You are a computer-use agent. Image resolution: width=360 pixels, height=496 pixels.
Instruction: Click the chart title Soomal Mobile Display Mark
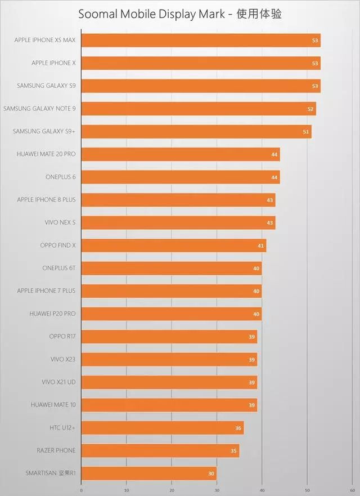coord(180,14)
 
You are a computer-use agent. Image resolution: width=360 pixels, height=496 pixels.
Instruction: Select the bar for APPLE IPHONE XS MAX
coord(201,40)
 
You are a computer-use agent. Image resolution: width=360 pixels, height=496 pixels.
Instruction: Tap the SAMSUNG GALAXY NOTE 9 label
coord(39,109)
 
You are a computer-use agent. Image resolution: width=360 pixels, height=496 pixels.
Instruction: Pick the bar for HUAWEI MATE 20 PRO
coord(181,154)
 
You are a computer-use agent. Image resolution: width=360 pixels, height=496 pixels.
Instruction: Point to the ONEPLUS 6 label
coord(60,177)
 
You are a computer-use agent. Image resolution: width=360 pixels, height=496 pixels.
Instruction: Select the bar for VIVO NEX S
coord(178,222)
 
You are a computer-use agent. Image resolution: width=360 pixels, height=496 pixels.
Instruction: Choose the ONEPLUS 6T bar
coord(172,268)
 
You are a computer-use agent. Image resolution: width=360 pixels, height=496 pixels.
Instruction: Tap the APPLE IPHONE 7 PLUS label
coord(46,291)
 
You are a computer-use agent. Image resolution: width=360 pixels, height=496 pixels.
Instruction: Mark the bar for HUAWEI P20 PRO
coord(172,314)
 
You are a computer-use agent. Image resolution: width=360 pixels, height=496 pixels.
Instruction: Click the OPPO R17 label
coord(62,337)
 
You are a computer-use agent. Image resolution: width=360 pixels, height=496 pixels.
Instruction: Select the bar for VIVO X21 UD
coord(169,382)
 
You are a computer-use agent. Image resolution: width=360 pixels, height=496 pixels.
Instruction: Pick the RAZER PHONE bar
coord(160,450)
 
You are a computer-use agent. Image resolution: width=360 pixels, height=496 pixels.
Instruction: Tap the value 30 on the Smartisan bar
coord(211,473)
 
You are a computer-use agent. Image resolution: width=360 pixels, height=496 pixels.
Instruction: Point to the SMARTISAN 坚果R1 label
coord(51,473)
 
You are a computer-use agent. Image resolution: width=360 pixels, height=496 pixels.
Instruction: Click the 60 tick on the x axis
coord(352,490)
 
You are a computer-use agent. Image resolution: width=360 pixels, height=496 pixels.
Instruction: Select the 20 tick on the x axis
coord(172,490)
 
